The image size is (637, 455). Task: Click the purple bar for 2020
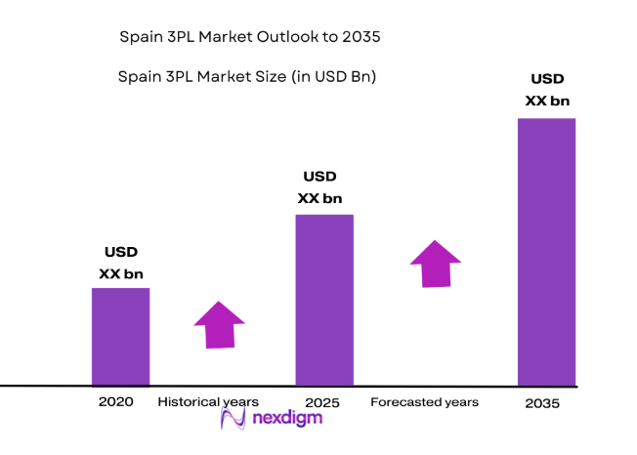point(120,336)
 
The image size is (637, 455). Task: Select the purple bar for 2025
point(324,300)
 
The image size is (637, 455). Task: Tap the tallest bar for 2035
point(546,251)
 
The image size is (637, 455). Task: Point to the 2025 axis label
point(321,402)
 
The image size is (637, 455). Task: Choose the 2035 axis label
point(543,402)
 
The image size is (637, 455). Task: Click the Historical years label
point(208,401)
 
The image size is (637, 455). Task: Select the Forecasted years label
point(425,401)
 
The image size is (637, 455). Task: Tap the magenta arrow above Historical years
point(220,324)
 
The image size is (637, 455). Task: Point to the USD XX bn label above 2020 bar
point(121,263)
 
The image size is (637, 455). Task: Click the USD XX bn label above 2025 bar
point(319,187)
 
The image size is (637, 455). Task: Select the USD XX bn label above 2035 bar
point(546,90)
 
